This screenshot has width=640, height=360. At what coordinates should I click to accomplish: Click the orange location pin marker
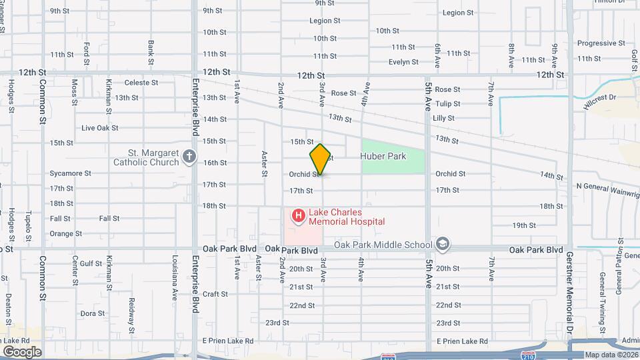tap(320, 159)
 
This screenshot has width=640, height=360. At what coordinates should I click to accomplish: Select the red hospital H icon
tap(298, 215)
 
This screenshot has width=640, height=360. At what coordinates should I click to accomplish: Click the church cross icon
tap(189, 157)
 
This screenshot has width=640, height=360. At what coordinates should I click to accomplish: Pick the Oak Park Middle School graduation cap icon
tap(442, 245)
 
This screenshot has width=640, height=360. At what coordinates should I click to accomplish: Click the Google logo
tap(21, 351)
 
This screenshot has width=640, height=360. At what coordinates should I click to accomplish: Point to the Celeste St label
tap(141, 83)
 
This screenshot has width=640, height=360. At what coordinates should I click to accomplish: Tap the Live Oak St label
tap(99, 128)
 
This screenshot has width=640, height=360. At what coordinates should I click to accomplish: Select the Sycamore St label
tap(70, 173)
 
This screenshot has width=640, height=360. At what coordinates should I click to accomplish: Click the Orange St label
tap(65, 234)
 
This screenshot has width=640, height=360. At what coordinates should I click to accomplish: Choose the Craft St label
tap(215, 294)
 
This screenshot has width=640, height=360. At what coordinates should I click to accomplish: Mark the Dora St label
tap(93, 313)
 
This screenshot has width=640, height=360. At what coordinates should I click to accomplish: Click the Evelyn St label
tap(403, 62)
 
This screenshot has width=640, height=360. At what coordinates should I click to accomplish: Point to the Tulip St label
tap(447, 104)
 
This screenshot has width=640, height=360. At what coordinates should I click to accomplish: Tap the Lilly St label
tap(443, 118)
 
